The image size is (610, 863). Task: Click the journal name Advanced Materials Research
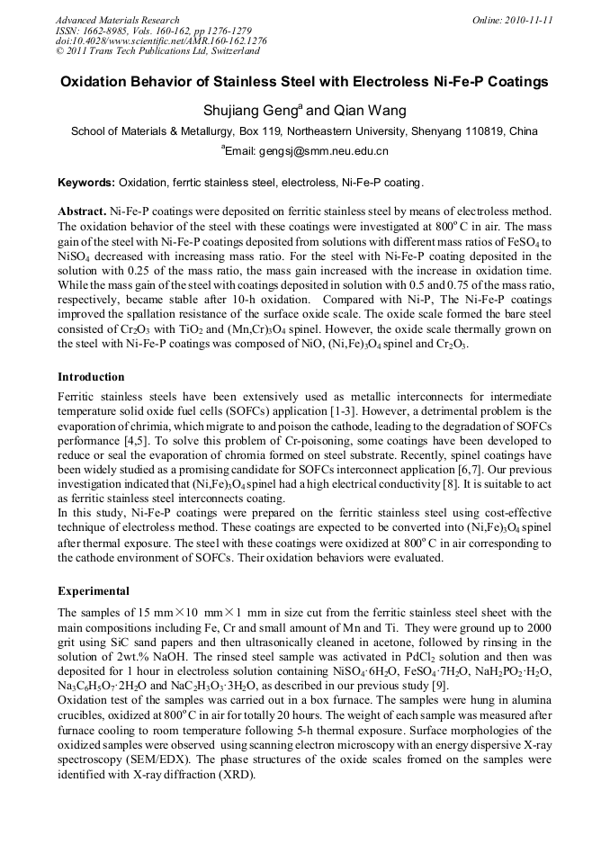(117, 20)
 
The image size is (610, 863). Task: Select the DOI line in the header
(161, 40)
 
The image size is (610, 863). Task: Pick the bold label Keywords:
(86, 183)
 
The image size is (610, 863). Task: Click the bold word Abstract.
(82, 210)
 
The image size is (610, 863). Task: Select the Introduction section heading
(91, 376)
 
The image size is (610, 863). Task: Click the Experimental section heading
(94, 591)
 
